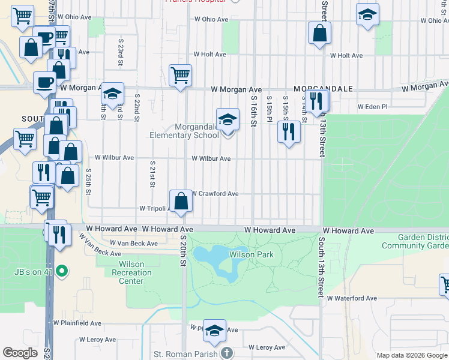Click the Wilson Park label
point(252,254)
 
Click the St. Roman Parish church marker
point(227,353)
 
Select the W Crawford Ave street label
point(215,194)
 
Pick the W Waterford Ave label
point(351,298)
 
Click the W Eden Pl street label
point(374,106)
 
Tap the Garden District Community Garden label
point(415,241)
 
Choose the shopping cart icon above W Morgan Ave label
point(180,76)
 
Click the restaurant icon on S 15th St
point(289,132)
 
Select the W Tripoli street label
point(152,208)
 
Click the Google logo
point(20,353)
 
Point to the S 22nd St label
point(137,107)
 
